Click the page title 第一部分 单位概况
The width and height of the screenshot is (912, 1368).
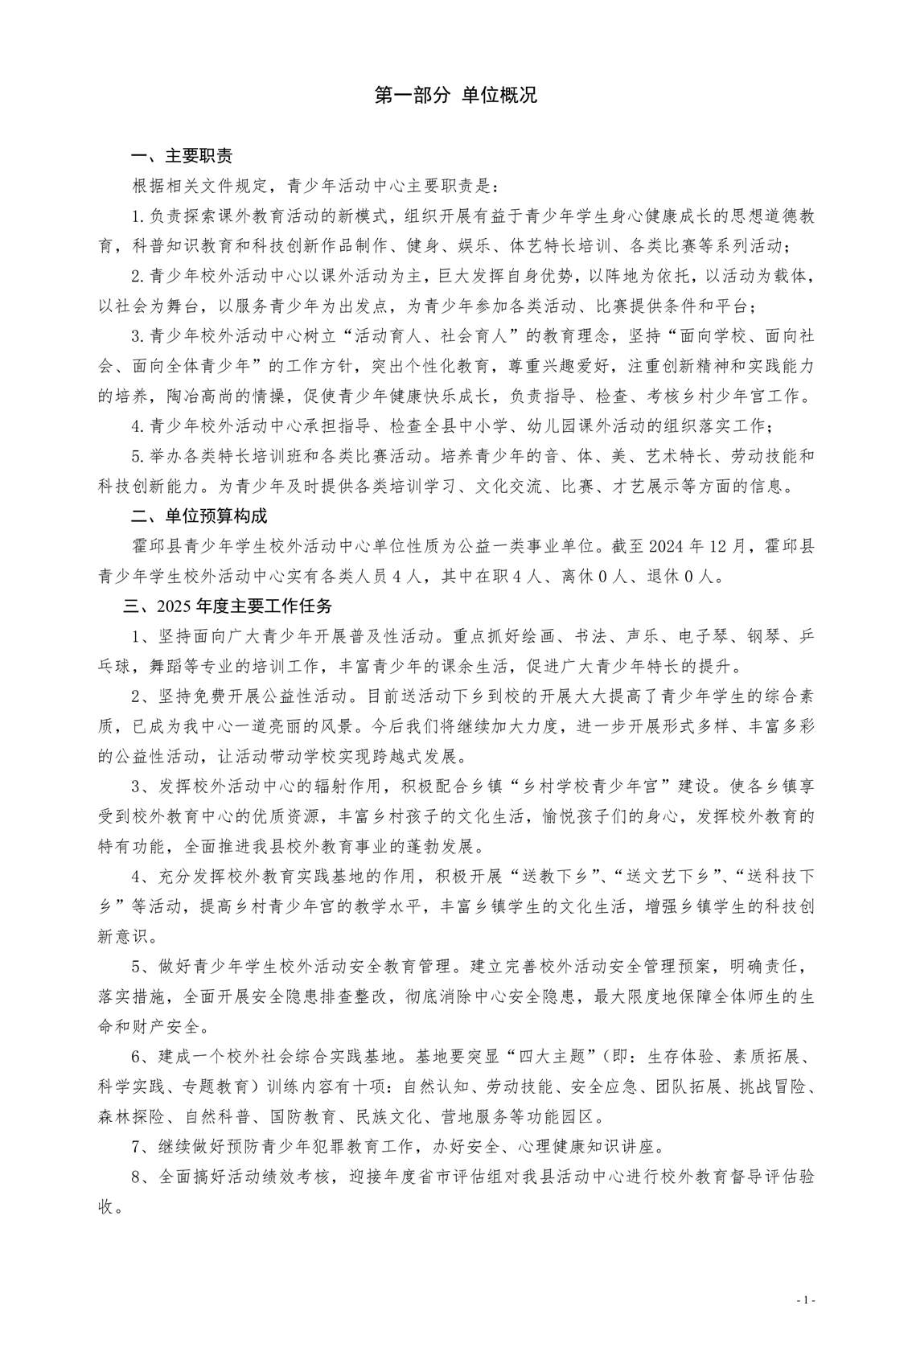click(x=456, y=96)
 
